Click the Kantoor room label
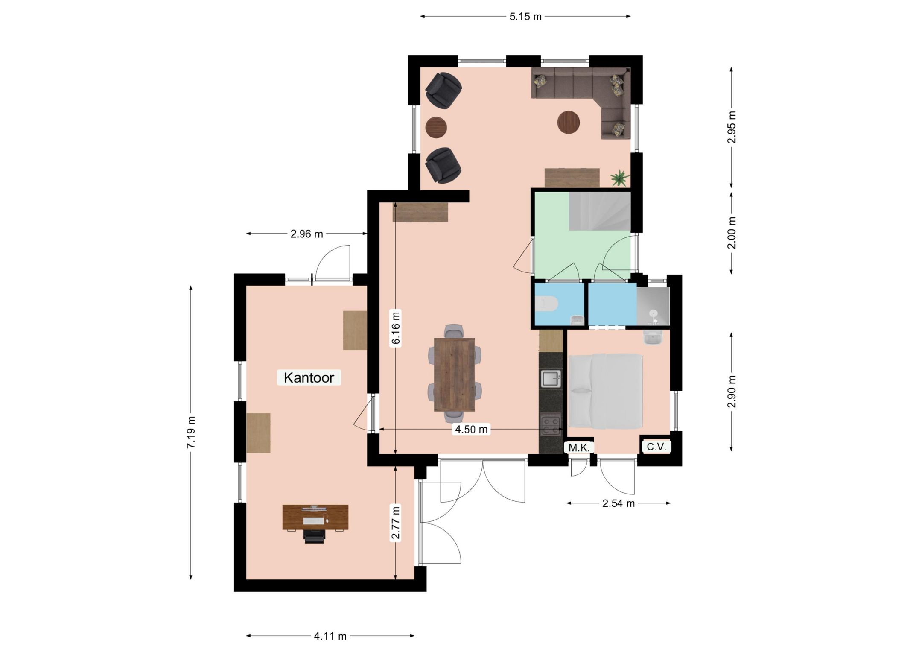pyautogui.click(x=309, y=377)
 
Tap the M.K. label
pyautogui.click(x=579, y=447)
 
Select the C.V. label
pyautogui.click(x=656, y=447)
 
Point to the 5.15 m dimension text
pyautogui.click(x=525, y=17)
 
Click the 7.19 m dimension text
pyautogui.click(x=191, y=432)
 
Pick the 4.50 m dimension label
pyautogui.click(x=471, y=429)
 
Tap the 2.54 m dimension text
pyautogui.click(x=618, y=503)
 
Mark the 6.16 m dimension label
pyautogui.click(x=396, y=327)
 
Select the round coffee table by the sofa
pyautogui.click(x=569, y=123)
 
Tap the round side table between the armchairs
pyautogui.click(x=436, y=127)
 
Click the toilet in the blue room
pyautogui.click(x=547, y=304)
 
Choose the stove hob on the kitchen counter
pyautogui.click(x=551, y=425)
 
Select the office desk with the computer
pyautogui.click(x=315, y=517)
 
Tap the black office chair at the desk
pyautogui.click(x=314, y=536)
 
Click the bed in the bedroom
pyautogui.click(x=605, y=391)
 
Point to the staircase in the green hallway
pyautogui.click(x=600, y=211)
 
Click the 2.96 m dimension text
pyautogui.click(x=306, y=234)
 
